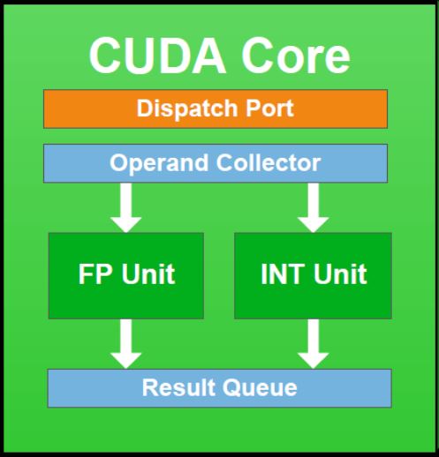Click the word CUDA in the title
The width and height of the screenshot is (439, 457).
[x=157, y=56]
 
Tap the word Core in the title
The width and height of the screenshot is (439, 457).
[x=296, y=56]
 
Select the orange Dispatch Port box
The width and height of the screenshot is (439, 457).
[x=216, y=109]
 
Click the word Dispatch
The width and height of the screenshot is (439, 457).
[x=187, y=109]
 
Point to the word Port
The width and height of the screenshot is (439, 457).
[x=269, y=109]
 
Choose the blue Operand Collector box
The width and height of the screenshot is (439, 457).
[x=216, y=163]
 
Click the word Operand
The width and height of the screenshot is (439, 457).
[x=159, y=163]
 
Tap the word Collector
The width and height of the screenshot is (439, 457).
[x=269, y=162]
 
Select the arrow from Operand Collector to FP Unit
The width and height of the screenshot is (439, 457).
[x=125, y=207]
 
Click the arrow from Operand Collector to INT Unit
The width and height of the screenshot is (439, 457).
[x=313, y=207]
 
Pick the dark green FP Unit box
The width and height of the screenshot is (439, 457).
[x=126, y=276]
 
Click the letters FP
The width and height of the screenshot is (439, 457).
[x=95, y=274]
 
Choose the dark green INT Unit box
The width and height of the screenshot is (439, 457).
[x=313, y=276]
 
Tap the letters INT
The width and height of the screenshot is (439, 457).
[x=283, y=274]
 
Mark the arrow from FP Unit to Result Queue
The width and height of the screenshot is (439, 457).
[x=125, y=344]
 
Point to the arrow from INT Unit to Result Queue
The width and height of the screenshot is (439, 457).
[x=313, y=344]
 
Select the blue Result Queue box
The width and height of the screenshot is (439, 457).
[x=220, y=388]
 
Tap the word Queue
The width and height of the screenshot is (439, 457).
[x=260, y=388]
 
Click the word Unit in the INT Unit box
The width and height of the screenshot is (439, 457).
[x=340, y=274]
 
